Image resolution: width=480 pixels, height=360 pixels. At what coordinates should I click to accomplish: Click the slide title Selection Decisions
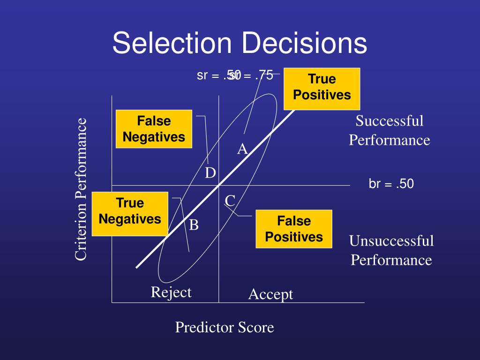[x=240, y=43]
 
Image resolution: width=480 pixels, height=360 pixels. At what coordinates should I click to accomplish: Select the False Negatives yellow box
[x=154, y=129]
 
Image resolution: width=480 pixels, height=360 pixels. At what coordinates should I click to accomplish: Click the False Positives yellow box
[x=294, y=229]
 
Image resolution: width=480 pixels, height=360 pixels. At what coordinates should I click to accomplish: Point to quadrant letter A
[x=242, y=150]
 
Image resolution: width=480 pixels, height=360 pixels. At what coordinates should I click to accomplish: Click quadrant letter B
[x=194, y=225]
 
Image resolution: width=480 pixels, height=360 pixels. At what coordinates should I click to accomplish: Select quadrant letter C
[x=230, y=201]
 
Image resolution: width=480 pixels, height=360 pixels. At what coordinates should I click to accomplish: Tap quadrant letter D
[x=210, y=173]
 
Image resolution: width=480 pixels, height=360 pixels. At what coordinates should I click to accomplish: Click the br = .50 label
[x=391, y=184]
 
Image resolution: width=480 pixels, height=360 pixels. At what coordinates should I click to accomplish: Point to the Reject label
[x=171, y=292]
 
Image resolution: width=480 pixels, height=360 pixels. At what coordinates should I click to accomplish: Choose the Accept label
[x=270, y=294]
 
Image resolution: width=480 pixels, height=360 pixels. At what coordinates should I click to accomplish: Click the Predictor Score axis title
[x=224, y=327]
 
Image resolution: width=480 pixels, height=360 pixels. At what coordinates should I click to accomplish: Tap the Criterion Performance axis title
[x=81, y=188]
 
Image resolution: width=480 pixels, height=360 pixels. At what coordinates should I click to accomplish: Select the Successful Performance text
[x=389, y=130]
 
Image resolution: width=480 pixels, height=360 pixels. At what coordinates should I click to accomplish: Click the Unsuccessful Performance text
[x=391, y=251]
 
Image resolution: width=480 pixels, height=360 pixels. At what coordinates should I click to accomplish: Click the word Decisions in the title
[x=304, y=43]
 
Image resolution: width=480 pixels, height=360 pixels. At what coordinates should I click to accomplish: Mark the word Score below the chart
[x=256, y=327]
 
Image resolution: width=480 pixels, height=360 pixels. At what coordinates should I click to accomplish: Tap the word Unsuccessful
[x=391, y=241]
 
